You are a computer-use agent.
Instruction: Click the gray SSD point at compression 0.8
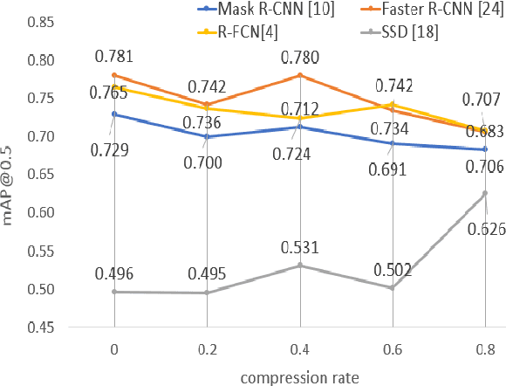pos(485,193)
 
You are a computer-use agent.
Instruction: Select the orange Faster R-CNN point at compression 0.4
pos(300,75)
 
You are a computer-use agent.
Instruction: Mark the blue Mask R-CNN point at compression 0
pos(115,114)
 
